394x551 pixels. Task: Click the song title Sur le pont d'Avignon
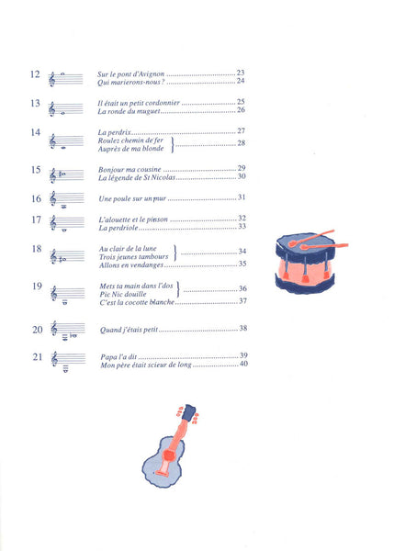130,74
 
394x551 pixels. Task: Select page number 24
241,81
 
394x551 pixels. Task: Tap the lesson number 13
35,103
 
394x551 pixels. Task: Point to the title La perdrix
114,132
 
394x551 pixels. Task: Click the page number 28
242,142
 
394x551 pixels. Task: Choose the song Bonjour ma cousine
129,170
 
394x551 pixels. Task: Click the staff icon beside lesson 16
67,199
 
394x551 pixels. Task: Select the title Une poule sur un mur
132,198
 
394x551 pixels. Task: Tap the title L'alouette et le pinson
133,219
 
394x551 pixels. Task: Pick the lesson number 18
37,249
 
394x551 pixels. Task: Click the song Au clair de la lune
128,249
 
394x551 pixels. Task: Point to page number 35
242,264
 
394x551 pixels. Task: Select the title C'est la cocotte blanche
137,302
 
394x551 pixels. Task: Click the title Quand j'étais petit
129,330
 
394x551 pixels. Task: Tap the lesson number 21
38,357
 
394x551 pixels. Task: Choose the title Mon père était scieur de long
146,365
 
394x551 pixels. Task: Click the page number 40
243,364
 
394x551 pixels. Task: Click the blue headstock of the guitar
189,411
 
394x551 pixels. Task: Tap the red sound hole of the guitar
169,455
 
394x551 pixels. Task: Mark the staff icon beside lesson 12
66,79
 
